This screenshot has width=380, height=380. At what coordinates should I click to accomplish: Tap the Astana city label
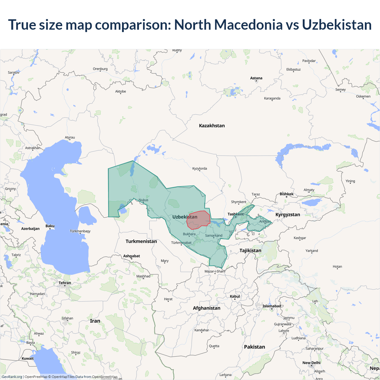[256, 78]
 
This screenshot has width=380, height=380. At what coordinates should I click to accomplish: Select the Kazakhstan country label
[212, 126]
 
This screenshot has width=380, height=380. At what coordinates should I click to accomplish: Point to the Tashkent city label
[235, 214]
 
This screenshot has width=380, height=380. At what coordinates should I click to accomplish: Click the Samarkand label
[213, 235]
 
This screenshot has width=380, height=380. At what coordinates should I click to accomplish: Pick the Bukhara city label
[189, 234]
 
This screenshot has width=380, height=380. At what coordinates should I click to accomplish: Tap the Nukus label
[143, 200]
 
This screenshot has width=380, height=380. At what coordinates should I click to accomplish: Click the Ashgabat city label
[132, 256]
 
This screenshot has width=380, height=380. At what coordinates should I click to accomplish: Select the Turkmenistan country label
[141, 241]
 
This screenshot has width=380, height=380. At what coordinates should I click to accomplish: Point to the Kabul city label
[235, 296]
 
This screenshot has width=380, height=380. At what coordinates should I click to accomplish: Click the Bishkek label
[286, 194]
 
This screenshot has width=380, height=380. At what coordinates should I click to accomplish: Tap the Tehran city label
[65, 283]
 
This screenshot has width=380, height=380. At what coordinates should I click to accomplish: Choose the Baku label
[50, 226]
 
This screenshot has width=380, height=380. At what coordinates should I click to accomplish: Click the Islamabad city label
[272, 306]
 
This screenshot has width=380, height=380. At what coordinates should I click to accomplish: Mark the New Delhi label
[311, 363]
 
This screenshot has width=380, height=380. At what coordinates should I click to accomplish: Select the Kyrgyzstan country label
[288, 215]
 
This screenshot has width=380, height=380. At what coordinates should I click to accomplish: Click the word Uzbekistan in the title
[337, 25]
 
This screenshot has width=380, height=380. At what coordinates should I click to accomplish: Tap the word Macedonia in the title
[248, 25]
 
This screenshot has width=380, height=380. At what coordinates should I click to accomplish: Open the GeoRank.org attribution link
[12, 377]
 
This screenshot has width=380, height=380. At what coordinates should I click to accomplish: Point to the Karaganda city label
[272, 98]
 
